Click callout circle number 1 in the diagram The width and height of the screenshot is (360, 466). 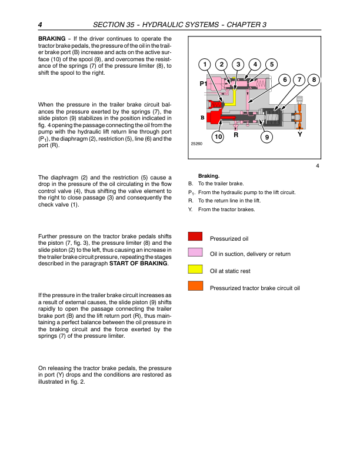point(204,64)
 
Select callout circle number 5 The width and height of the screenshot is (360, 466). point(271,64)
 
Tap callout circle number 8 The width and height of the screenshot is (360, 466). point(314,79)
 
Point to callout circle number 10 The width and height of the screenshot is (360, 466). point(218,137)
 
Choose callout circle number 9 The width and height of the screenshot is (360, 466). point(266,137)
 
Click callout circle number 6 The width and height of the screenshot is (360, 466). point(284,79)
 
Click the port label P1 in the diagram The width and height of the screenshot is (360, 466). point(203,84)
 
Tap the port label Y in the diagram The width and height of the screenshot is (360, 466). point(299,134)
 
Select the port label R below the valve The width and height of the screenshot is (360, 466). point(236,135)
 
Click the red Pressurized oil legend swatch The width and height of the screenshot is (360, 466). point(196,237)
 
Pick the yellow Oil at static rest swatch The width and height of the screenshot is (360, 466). point(196,270)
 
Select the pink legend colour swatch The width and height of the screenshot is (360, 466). point(196,253)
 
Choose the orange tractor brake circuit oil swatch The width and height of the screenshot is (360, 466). point(196,287)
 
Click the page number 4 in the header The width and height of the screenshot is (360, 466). point(40,25)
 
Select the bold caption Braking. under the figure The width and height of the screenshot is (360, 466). point(209,175)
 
